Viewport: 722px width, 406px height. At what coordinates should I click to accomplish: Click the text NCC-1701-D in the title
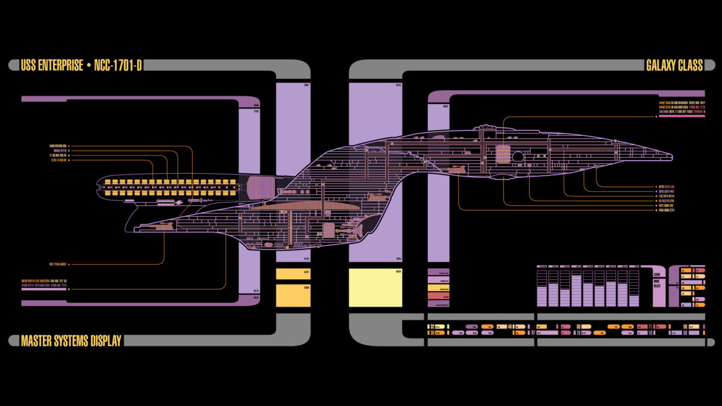click(x=118, y=66)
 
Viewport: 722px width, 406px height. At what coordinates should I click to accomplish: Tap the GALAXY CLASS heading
click(x=674, y=66)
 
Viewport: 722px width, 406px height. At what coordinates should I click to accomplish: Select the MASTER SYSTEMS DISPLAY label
click(x=71, y=341)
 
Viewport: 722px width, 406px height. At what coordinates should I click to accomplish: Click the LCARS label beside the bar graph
click(x=656, y=274)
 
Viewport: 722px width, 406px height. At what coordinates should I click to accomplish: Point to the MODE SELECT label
click(x=656, y=283)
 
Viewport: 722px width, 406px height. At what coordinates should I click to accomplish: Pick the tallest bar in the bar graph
click(x=576, y=291)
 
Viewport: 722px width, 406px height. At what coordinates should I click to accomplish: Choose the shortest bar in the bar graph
click(x=634, y=300)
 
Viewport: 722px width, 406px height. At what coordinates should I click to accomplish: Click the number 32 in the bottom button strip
click(x=433, y=327)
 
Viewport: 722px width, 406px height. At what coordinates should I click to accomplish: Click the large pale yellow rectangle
click(x=375, y=288)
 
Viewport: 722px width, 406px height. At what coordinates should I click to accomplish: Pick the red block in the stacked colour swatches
click(x=438, y=296)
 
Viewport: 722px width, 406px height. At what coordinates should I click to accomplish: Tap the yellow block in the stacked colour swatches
click(x=438, y=288)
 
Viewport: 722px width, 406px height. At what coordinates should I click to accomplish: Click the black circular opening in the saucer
click(x=518, y=156)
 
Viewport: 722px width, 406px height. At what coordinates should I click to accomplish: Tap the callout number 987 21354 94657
click(x=58, y=264)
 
